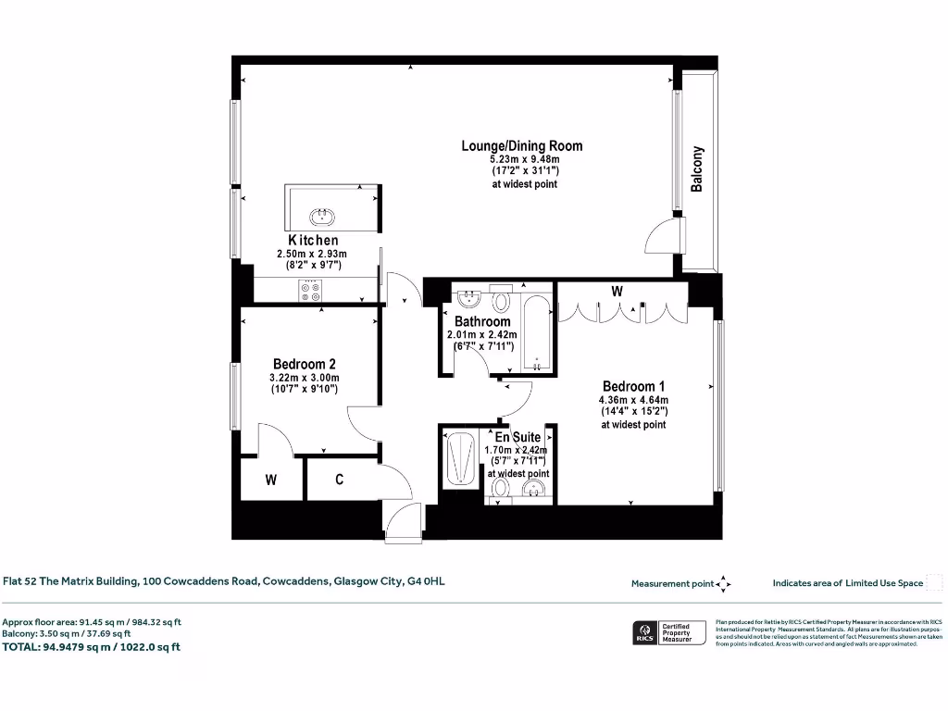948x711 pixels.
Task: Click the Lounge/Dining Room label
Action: tap(522, 145)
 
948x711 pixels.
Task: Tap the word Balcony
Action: tap(697, 168)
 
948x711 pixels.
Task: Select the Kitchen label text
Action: tap(312, 241)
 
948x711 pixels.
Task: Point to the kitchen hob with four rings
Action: tap(310, 291)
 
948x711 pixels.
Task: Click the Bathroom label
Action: tap(481, 321)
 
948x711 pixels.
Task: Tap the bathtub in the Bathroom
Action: tap(536, 333)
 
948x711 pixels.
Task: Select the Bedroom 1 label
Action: tap(633, 386)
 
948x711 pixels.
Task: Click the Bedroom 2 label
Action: tap(304, 364)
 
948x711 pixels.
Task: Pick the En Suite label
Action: tap(518, 437)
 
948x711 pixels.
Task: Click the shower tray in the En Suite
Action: tap(460, 458)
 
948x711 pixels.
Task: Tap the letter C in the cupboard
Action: tap(340, 480)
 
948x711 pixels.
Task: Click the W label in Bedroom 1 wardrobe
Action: tap(617, 291)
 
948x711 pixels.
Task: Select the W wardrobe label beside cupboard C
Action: tap(271, 480)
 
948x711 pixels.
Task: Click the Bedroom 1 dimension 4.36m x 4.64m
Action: tap(633, 400)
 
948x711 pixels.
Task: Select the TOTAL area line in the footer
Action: tap(92, 647)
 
